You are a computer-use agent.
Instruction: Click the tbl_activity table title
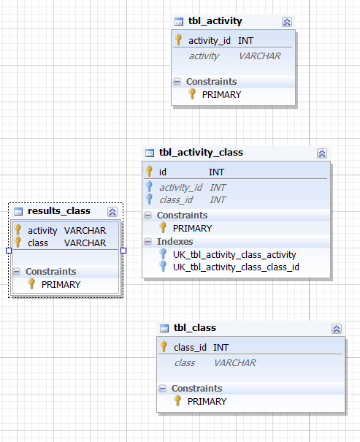coord(215,21)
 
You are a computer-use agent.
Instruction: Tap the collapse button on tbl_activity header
coord(287,22)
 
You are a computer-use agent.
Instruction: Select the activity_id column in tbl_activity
coord(210,41)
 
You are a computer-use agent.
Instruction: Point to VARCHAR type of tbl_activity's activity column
coord(259,56)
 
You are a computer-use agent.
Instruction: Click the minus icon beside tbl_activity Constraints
coord(177,82)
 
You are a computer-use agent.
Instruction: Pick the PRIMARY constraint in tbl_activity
coord(221,95)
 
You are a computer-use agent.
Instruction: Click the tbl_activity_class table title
coord(201,153)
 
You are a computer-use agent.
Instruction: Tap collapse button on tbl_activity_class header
coord(322,153)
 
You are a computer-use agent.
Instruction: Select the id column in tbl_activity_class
coord(163,172)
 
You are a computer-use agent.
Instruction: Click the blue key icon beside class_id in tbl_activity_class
coord(149,199)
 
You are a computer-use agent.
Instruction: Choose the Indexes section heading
coord(175,242)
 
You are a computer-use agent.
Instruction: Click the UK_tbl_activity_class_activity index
coord(234,255)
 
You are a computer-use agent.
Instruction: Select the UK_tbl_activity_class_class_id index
coord(236,267)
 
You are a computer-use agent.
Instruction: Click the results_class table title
coord(59,211)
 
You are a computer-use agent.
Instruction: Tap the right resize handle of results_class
coord(123,251)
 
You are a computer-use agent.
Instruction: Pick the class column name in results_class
coord(38,243)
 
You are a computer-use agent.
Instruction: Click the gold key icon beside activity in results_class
coord(18,229)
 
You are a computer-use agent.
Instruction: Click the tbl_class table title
coord(195,328)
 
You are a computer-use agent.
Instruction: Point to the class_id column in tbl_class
coord(190,348)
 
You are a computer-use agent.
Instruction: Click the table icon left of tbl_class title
coord(164,329)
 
